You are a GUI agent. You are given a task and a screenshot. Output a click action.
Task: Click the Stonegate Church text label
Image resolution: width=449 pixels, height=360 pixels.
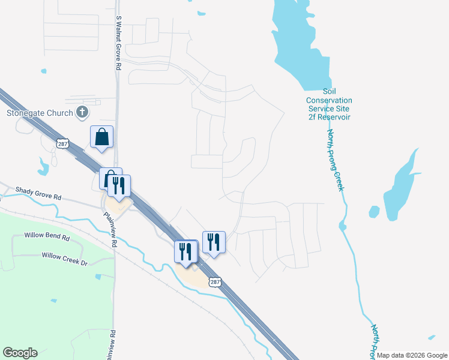tap(40, 112)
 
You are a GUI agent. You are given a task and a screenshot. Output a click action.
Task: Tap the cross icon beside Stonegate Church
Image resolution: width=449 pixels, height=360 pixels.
tap(83, 112)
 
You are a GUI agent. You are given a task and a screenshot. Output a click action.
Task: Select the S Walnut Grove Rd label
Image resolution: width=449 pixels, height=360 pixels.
tap(119, 43)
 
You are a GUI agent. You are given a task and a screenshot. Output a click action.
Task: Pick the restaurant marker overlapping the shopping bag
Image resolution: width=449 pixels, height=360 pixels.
tap(119, 186)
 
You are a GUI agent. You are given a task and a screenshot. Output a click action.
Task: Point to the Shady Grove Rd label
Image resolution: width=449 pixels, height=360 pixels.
tap(39, 197)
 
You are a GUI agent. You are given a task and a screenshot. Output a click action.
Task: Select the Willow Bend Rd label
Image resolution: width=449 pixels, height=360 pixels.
tap(47, 237)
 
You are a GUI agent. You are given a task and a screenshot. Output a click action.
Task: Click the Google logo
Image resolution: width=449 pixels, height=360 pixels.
tap(20, 353)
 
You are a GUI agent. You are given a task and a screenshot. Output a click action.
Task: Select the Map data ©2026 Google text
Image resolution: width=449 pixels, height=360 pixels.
tap(412, 355)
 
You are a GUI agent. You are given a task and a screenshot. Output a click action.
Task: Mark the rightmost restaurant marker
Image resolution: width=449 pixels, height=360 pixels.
tap(214, 242)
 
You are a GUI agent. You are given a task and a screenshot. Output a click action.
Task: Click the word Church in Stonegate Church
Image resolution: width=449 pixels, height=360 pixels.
tap(61, 112)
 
